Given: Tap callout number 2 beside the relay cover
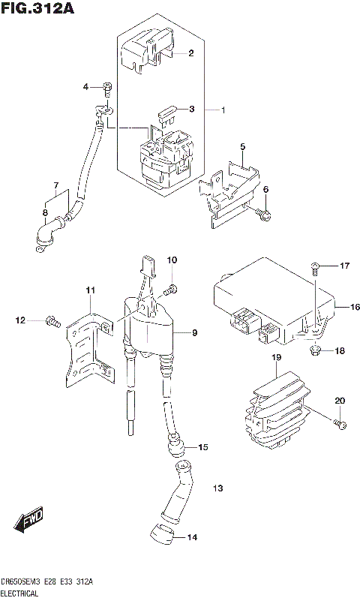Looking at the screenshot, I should [190, 53].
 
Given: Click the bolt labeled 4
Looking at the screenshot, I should [108, 90].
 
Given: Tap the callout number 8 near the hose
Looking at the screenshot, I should [45, 213].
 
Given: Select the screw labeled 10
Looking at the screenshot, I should [172, 288].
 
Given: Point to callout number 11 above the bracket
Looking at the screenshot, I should [90, 290].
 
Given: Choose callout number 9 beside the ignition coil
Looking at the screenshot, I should [193, 332].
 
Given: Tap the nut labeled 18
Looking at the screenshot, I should [314, 350].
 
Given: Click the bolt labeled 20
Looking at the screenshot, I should [340, 425].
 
